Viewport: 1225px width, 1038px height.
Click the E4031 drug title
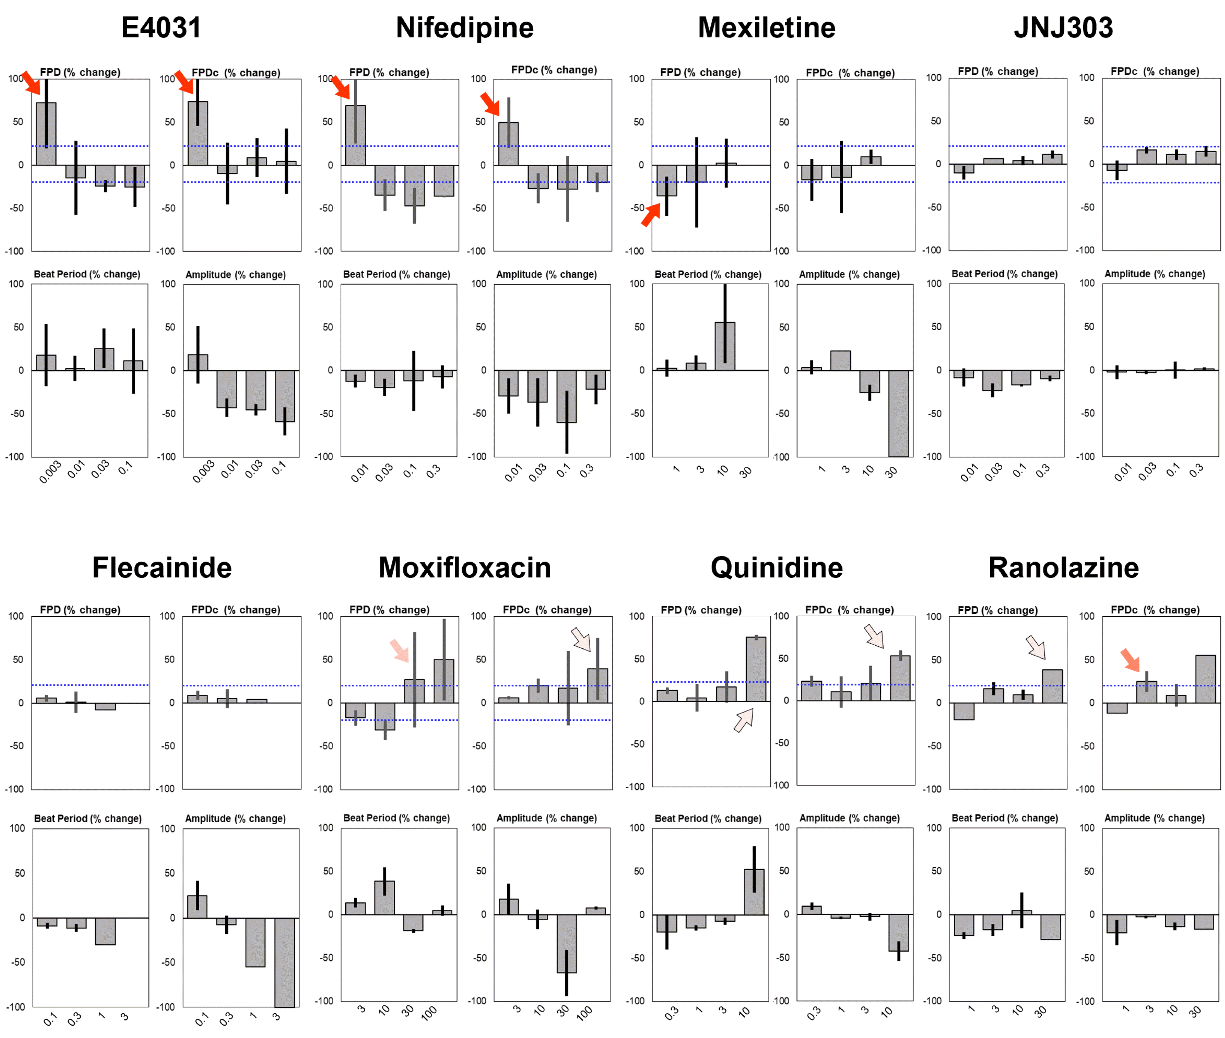coord(161,27)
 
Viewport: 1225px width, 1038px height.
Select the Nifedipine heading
coord(464,27)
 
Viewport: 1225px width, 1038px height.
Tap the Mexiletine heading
coord(767,27)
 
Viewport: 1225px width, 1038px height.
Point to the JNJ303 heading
coord(1063,27)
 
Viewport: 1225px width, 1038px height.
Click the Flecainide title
coord(162,568)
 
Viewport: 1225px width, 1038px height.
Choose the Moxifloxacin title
coord(464,568)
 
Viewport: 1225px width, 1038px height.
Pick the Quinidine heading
coord(777,568)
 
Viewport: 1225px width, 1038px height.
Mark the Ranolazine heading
coord(1063,568)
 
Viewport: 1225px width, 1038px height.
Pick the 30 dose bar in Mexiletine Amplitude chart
coord(898,413)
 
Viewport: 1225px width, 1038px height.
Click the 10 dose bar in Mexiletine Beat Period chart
coord(725,346)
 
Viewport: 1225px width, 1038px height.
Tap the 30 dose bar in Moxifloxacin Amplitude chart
coord(566,943)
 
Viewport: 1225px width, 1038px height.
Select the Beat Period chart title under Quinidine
coord(708,818)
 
